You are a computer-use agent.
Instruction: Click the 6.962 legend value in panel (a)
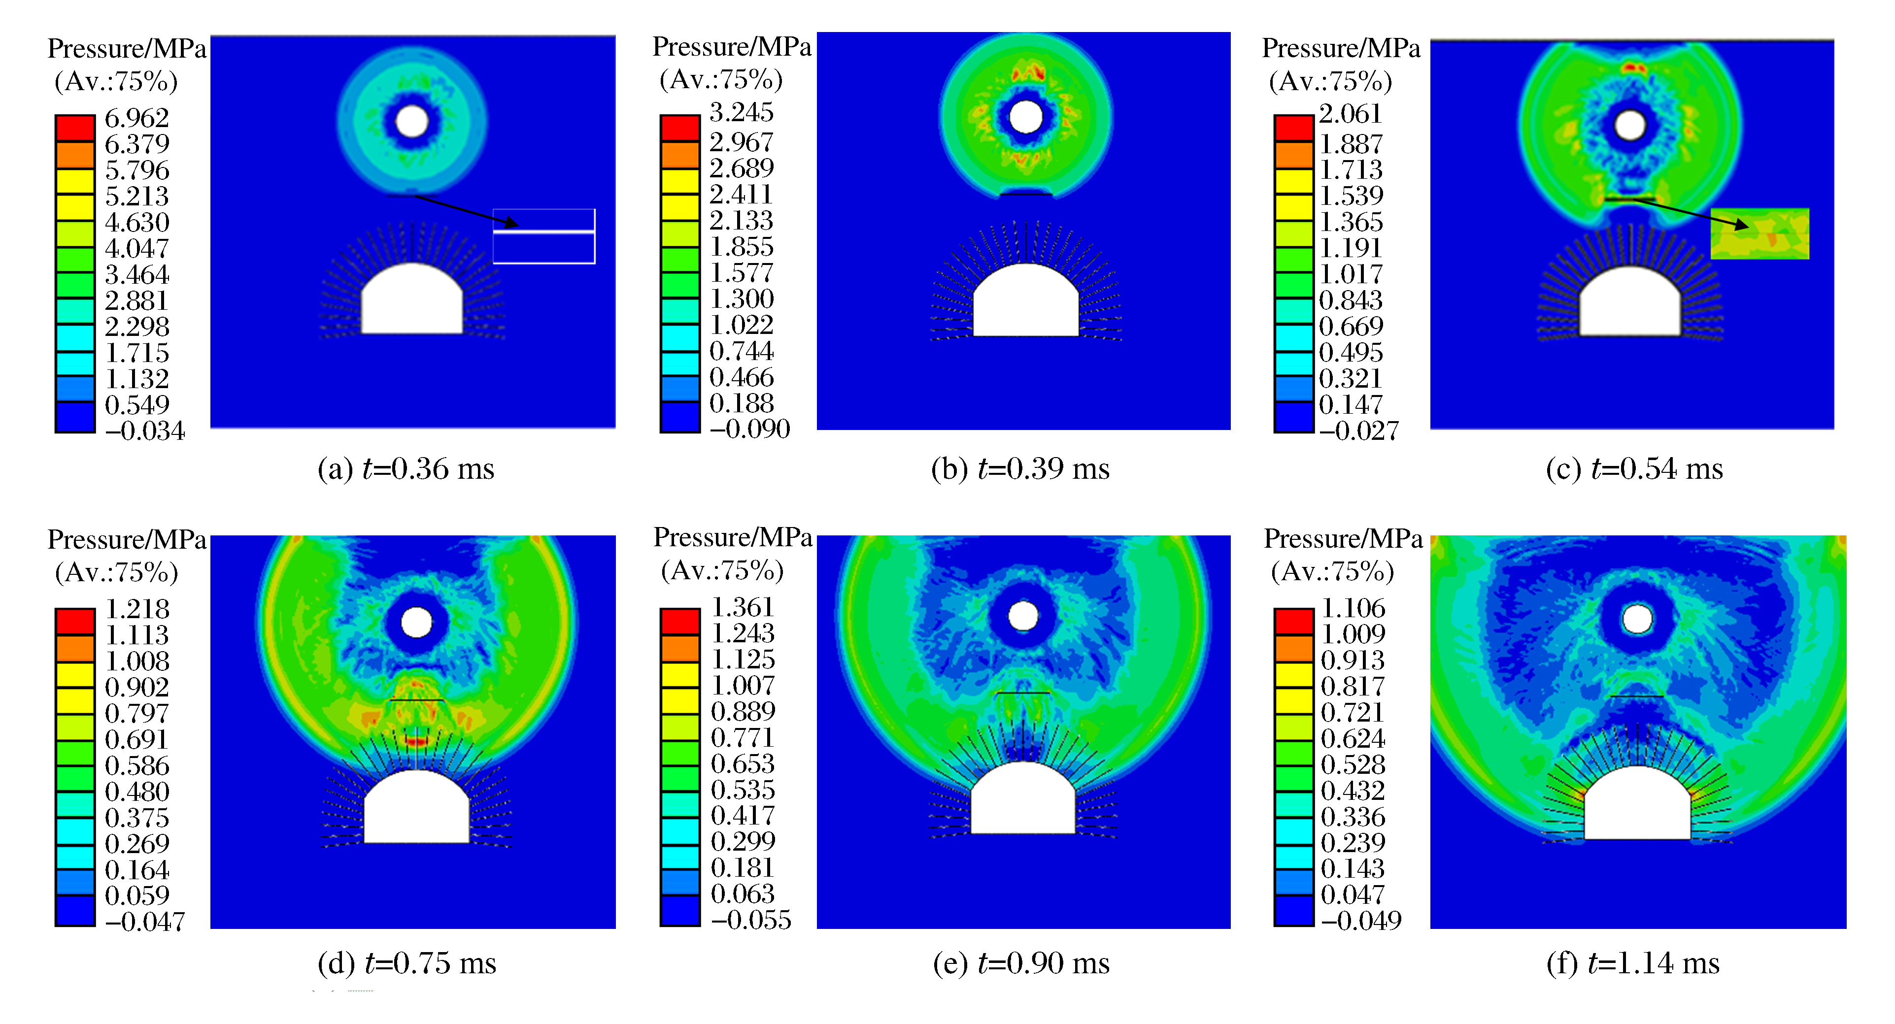(x=137, y=118)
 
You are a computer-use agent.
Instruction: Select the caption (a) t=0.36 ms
(x=406, y=468)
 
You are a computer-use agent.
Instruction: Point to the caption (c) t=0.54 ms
(x=1634, y=468)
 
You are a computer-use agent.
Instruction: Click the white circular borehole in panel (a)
(x=412, y=121)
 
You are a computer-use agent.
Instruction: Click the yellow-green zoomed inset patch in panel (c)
(x=1759, y=234)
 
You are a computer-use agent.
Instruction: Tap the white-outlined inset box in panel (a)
(x=543, y=236)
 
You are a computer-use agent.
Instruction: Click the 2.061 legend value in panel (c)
(x=1350, y=114)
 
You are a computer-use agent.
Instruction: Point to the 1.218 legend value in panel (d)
(x=137, y=609)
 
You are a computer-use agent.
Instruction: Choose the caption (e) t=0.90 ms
(x=1021, y=963)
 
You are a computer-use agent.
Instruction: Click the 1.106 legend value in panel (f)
(x=1353, y=608)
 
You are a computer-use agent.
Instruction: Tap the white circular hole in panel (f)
(x=1637, y=620)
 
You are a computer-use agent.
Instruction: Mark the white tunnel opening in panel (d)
(x=416, y=809)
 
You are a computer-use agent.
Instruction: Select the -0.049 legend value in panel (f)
(x=1361, y=920)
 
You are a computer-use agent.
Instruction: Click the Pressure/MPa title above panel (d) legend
(x=127, y=540)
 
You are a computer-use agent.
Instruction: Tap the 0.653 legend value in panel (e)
(x=742, y=763)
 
